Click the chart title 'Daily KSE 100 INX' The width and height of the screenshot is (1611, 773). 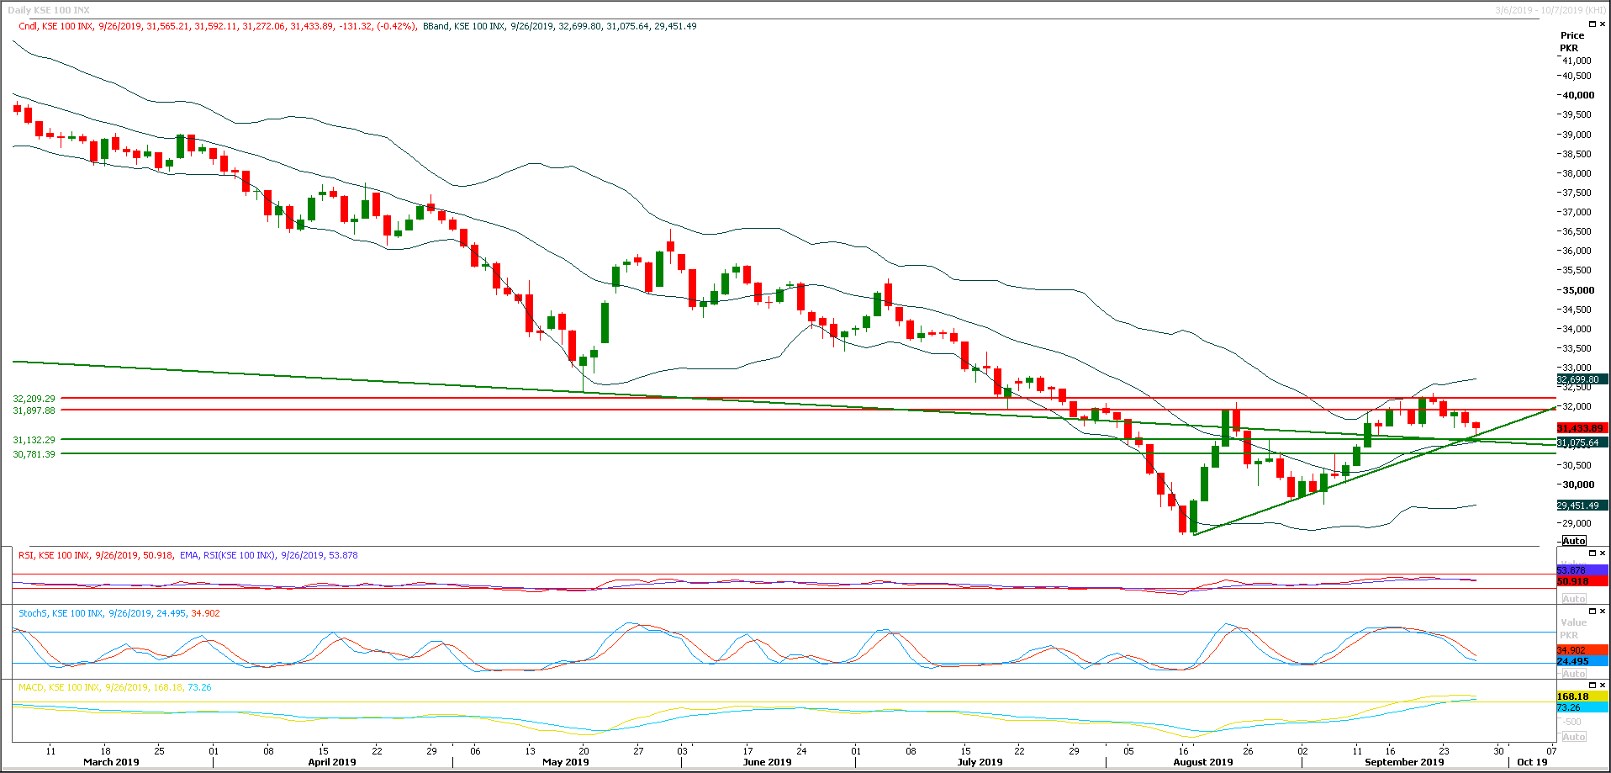(49, 10)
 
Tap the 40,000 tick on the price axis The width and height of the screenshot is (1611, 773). (1578, 95)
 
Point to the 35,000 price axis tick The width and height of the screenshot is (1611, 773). (1578, 290)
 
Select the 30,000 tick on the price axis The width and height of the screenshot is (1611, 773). (1578, 484)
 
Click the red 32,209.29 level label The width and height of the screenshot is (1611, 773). (34, 399)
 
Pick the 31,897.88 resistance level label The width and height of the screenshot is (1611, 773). (34, 410)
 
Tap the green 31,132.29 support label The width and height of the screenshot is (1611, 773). (34, 440)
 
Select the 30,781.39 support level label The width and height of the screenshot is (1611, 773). (34, 454)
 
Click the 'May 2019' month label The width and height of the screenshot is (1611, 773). (565, 762)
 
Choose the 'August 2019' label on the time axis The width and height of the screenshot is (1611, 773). (1202, 762)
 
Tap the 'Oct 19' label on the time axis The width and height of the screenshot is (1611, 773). (1532, 762)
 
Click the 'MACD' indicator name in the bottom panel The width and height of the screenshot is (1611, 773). (31, 687)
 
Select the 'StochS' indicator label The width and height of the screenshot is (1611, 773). (33, 613)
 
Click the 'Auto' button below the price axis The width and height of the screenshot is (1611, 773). (1574, 541)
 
